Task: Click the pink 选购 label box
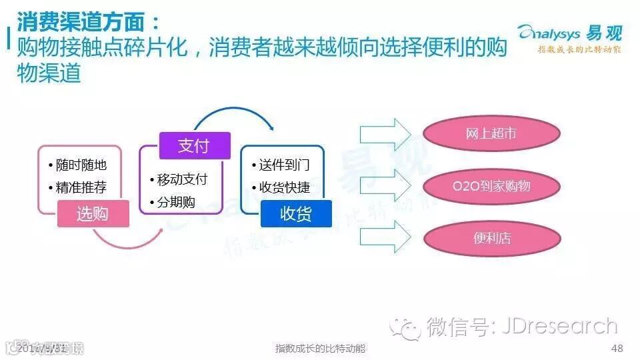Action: [93, 213]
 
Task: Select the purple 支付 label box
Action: [194, 145]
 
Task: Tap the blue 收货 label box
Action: [296, 213]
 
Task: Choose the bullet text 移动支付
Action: [181, 179]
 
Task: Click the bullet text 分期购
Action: [176, 202]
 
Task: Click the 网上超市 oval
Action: [491, 133]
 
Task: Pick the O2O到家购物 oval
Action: [491, 185]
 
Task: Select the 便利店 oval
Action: [491, 238]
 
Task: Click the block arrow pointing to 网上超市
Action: [385, 133]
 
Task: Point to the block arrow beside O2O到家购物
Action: [385, 185]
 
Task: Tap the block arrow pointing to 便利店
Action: [385, 238]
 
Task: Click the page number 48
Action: [617, 349]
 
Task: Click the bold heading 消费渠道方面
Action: [87, 23]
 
